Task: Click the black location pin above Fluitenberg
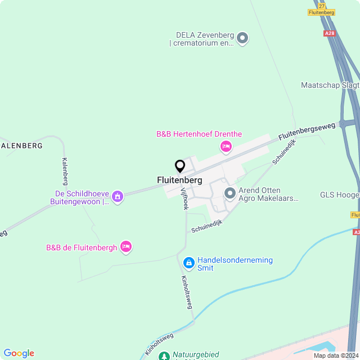[x=180, y=166]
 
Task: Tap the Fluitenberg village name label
[x=179, y=181]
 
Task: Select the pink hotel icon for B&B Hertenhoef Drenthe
[x=226, y=147]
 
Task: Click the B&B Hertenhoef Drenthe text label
[x=199, y=134]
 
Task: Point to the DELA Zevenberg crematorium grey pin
[x=242, y=38]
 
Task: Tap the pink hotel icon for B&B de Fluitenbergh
[x=126, y=246]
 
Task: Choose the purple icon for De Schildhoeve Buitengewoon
[x=118, y=196]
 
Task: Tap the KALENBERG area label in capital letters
[x=22, y=146]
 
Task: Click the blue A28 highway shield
[x=330, y=33]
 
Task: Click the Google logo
[x=19, y=353]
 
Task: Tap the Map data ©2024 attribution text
[x=335, y=355]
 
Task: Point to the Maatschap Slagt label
[x=330, y=85]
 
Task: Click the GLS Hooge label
[x=339, y=195]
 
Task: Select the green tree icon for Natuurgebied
[x=164, y=356]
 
